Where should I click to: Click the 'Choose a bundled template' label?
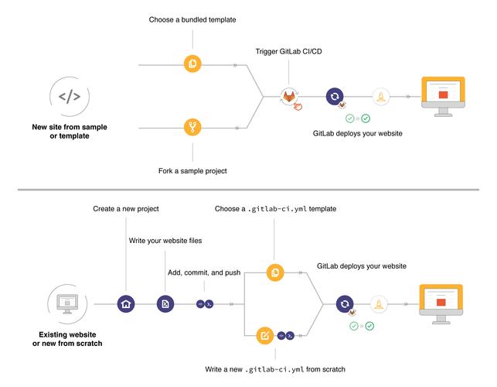tap(193, 19)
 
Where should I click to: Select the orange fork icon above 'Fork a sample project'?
tap(193, 125)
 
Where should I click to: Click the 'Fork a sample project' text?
tap(193, 170)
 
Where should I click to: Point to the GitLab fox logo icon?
tap(289, 96)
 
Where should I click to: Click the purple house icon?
tap(125, 304)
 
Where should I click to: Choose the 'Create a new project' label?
tap(125, 209)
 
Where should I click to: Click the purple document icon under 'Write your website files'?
tap(165, 304)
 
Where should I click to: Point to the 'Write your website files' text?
tap(165, 241)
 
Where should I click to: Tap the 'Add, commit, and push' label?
tap(204, 272)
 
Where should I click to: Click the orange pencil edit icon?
tap(265, 336)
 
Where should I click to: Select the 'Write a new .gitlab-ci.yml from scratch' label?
tap(275, 369)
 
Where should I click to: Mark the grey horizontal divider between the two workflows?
tap(248, 188)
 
